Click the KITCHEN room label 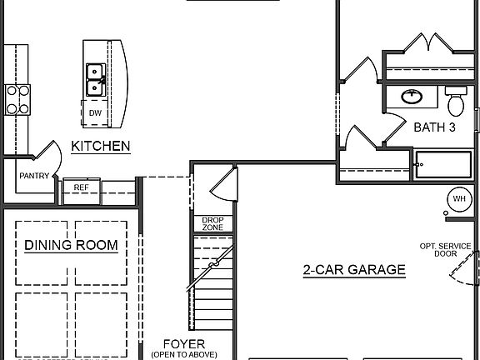pyautogui.click(x=100, y=146)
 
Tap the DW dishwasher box pyautogui.click(x=95, y=112)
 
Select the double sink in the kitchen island pyautogui.click(x=95, y=78)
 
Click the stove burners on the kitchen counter pyautogui.click(x=17, y=99)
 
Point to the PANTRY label pyautogui.click(x=34, y=176)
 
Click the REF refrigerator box pyautogui.click(x=81, y=187)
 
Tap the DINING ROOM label pyautogui.click(x=70, y=245)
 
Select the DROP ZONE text pyautogui.click(x=212, y=223)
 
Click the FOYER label pyautogui.click(x=184, y=342)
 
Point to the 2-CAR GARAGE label pyautogui.click(x=353, y=269)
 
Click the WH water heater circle pyautogui.click(x=459, y=199)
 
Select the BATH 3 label pyautogui.click(x=434, y=127)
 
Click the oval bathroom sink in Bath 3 pyautogui.click(x=411, y=97)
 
